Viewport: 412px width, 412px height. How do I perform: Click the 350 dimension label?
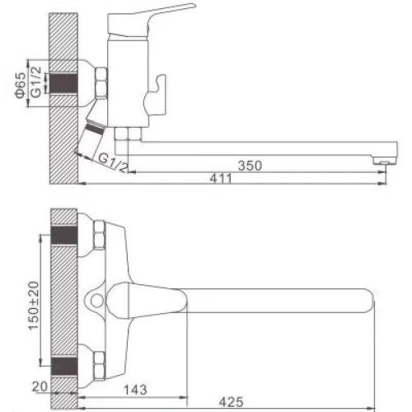[250, 166]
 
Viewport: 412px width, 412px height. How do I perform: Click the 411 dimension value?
[221, 179]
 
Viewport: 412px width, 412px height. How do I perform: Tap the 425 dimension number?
[231, 402]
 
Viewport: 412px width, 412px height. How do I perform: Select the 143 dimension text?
[135, 390]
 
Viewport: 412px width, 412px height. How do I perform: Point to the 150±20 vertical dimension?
[34, 306]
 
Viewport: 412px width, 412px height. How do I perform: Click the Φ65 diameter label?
[21, 86]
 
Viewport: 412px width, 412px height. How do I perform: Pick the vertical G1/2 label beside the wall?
[36, 82]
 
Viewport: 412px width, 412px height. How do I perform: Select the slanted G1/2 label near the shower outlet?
[113, 163]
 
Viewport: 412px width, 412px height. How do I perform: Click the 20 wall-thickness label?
[40, 387]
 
